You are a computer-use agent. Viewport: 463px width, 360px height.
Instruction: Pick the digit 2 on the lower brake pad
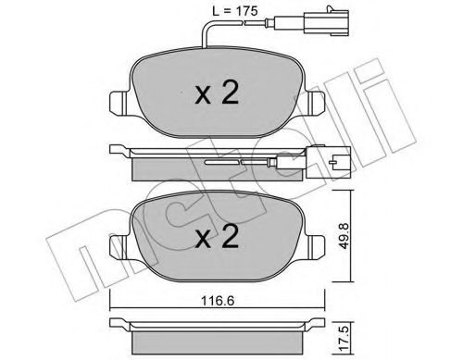click(231, 238)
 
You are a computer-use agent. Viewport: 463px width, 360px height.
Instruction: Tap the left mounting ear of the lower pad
click(119, 247)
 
